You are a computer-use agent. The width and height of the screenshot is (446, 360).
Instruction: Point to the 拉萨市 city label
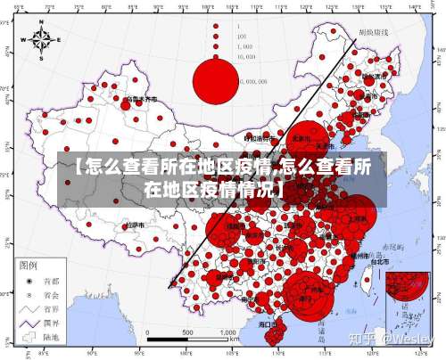click(x=133, y=226)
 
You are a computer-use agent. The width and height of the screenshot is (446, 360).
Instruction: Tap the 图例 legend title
click(x=29, y=266)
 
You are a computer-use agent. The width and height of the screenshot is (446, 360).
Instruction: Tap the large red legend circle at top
click(x=216, y=79)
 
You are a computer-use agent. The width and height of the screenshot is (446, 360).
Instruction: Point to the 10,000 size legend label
click(x=245, y=56)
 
